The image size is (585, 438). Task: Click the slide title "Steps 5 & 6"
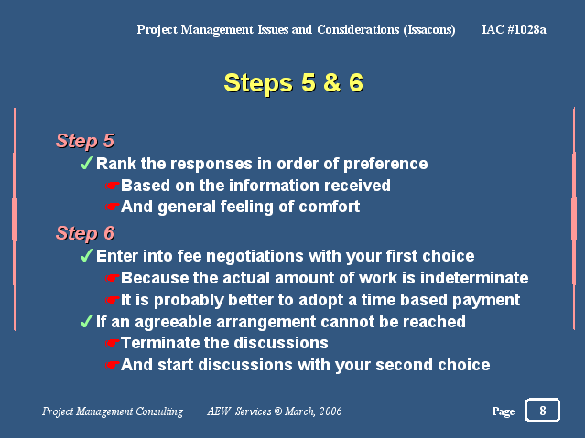[x=293, y=82]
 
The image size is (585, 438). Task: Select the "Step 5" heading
[x=85, y=141]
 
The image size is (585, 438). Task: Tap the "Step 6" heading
[x=85, y=233]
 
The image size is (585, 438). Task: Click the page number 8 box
[x=542, y=410]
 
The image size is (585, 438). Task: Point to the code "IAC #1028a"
[x=515, y=29]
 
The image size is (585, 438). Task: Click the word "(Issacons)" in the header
[x=429, y=30]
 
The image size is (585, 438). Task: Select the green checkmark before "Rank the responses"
[x=87, y=163]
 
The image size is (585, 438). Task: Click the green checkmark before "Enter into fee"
[x=87, y=255]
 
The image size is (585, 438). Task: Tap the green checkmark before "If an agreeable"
[x=87, y=321]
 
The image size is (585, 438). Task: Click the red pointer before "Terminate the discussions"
[x=112, y=343]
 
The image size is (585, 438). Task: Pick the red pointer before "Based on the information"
[x=112, y=186]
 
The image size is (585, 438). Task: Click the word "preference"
[x=385, y=164]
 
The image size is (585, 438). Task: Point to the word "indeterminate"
[x=474, y=278]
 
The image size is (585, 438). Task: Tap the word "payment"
[x=486, y=301]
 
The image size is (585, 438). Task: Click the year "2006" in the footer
[x=330, y=411]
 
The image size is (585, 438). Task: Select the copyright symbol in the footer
[x=278, y=411]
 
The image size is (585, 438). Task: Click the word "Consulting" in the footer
[x=159, y=411]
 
